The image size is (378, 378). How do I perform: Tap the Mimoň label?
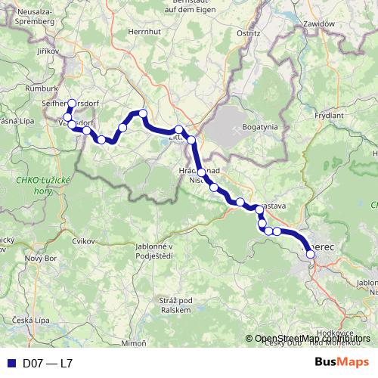[x=133, y=342]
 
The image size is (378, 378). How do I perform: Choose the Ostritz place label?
[x=247, y=34]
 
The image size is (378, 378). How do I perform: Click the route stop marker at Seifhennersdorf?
[x=72, y=104]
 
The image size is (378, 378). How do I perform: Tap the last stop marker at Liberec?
[x=310, y=255]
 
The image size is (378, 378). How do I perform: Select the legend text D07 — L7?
[x=48, y=363]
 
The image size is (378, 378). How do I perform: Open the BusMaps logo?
[x=342, y=362]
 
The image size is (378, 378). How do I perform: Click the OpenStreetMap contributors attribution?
[x=308, y=339]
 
